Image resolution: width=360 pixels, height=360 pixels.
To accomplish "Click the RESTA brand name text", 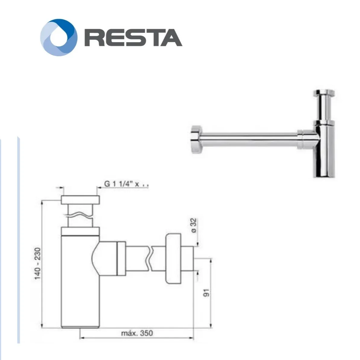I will [133, 37].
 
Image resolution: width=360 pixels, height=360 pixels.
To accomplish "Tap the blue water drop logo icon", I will [59, 37].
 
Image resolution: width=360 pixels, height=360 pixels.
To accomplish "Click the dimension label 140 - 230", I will [37, 264].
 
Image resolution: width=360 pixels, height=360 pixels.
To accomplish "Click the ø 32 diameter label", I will [193, 226].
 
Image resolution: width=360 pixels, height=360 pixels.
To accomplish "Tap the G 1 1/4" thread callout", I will [126, 184].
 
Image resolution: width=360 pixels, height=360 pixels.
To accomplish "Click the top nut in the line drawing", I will [80, 200].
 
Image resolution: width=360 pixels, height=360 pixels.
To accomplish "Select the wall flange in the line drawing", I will [173, 258].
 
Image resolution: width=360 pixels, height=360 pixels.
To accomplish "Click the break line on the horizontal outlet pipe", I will [149, 258].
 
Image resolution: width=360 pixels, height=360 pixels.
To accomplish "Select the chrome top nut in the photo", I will [324, 93].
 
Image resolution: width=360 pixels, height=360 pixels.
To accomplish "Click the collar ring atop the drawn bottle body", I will [80, 231].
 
